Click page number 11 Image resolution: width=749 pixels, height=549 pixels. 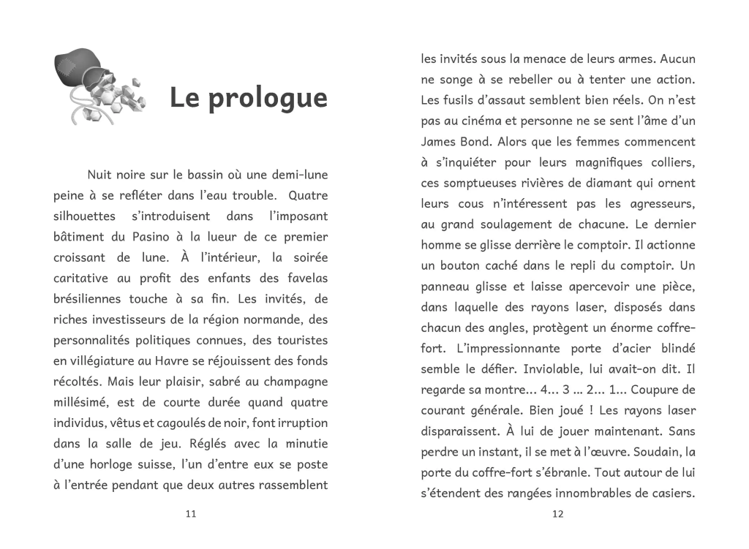191,514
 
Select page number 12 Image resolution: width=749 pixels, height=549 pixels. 557,514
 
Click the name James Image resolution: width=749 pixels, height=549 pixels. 440,141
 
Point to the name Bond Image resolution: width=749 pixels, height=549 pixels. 483,141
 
